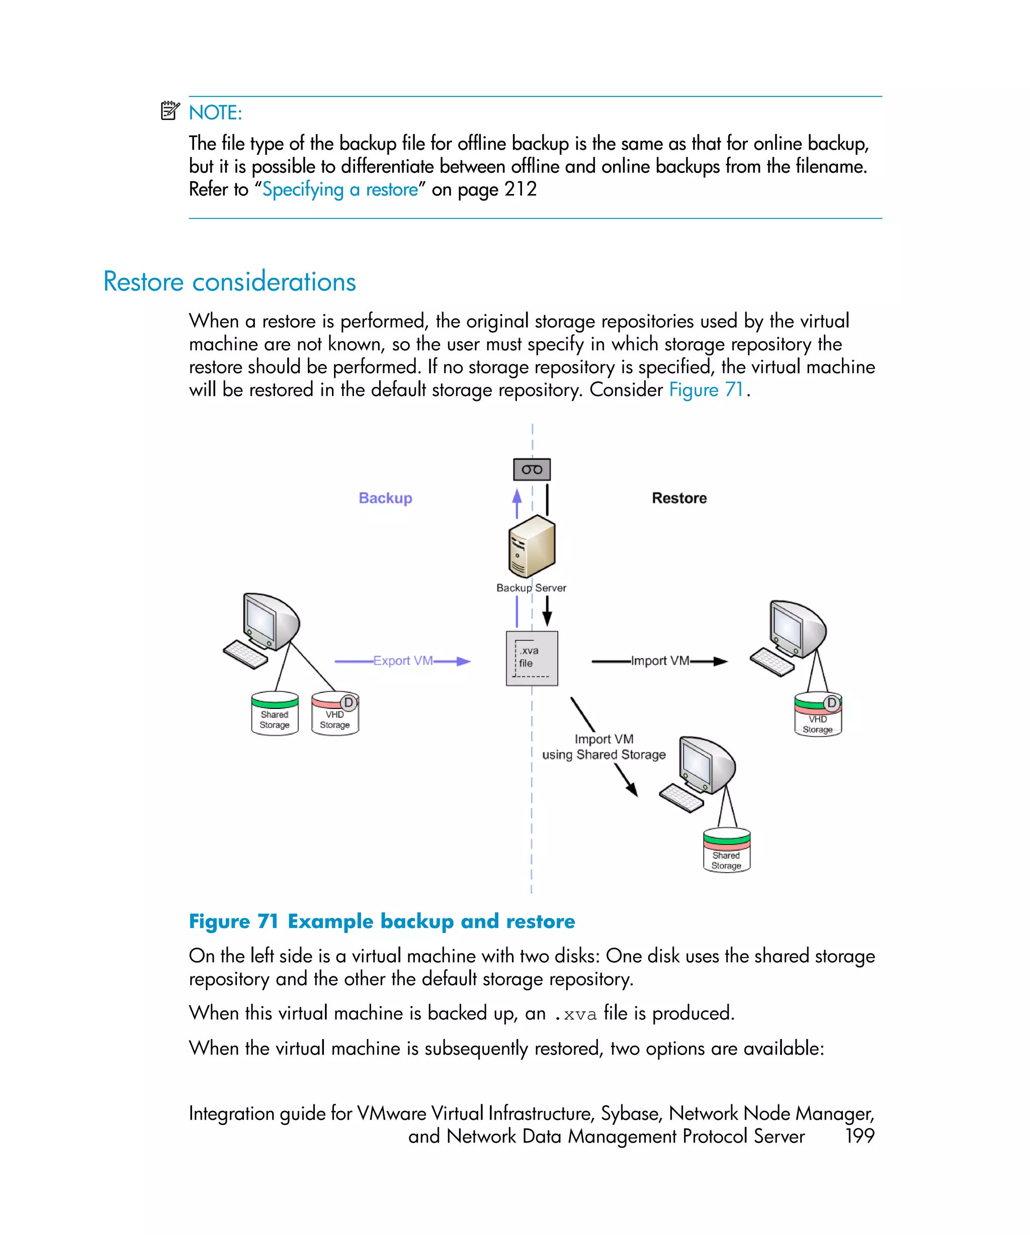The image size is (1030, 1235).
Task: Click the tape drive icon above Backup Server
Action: pyautogui.click(x=532, y=469)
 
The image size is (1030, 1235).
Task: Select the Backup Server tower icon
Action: pyautogui.click(x=532, y=545)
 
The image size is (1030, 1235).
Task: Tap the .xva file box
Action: pyautogui.click(x=532, y=658)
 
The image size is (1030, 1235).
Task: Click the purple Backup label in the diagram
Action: pyautogui.click(x=386, y=498)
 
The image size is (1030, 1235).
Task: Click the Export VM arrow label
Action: pyautogui.click(x=403, y=661)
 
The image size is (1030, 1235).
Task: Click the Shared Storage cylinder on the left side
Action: pyautogui.click(x=274, y=714)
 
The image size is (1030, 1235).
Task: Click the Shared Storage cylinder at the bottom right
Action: pyautogui.click(x=726, y=851)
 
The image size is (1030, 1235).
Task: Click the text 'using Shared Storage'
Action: pyautogui.click(x=604, y=755)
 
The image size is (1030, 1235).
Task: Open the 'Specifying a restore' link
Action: pyautogui.click(x=339, y=189)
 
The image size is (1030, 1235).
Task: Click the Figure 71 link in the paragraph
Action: pyautogui.click(x=706, y=390)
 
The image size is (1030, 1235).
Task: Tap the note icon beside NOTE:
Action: pyautogui.click(x=170, y=111)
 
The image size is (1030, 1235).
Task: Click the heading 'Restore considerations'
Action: pyautogui.click(x=229, y=282)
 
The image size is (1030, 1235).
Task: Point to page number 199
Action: pyautogui.click(x=860, y=1136)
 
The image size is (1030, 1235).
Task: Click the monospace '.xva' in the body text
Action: pyautogui.click(x=576, y=1014)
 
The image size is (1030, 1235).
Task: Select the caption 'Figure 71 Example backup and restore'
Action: pyautogui.click(x=381, y=921)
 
